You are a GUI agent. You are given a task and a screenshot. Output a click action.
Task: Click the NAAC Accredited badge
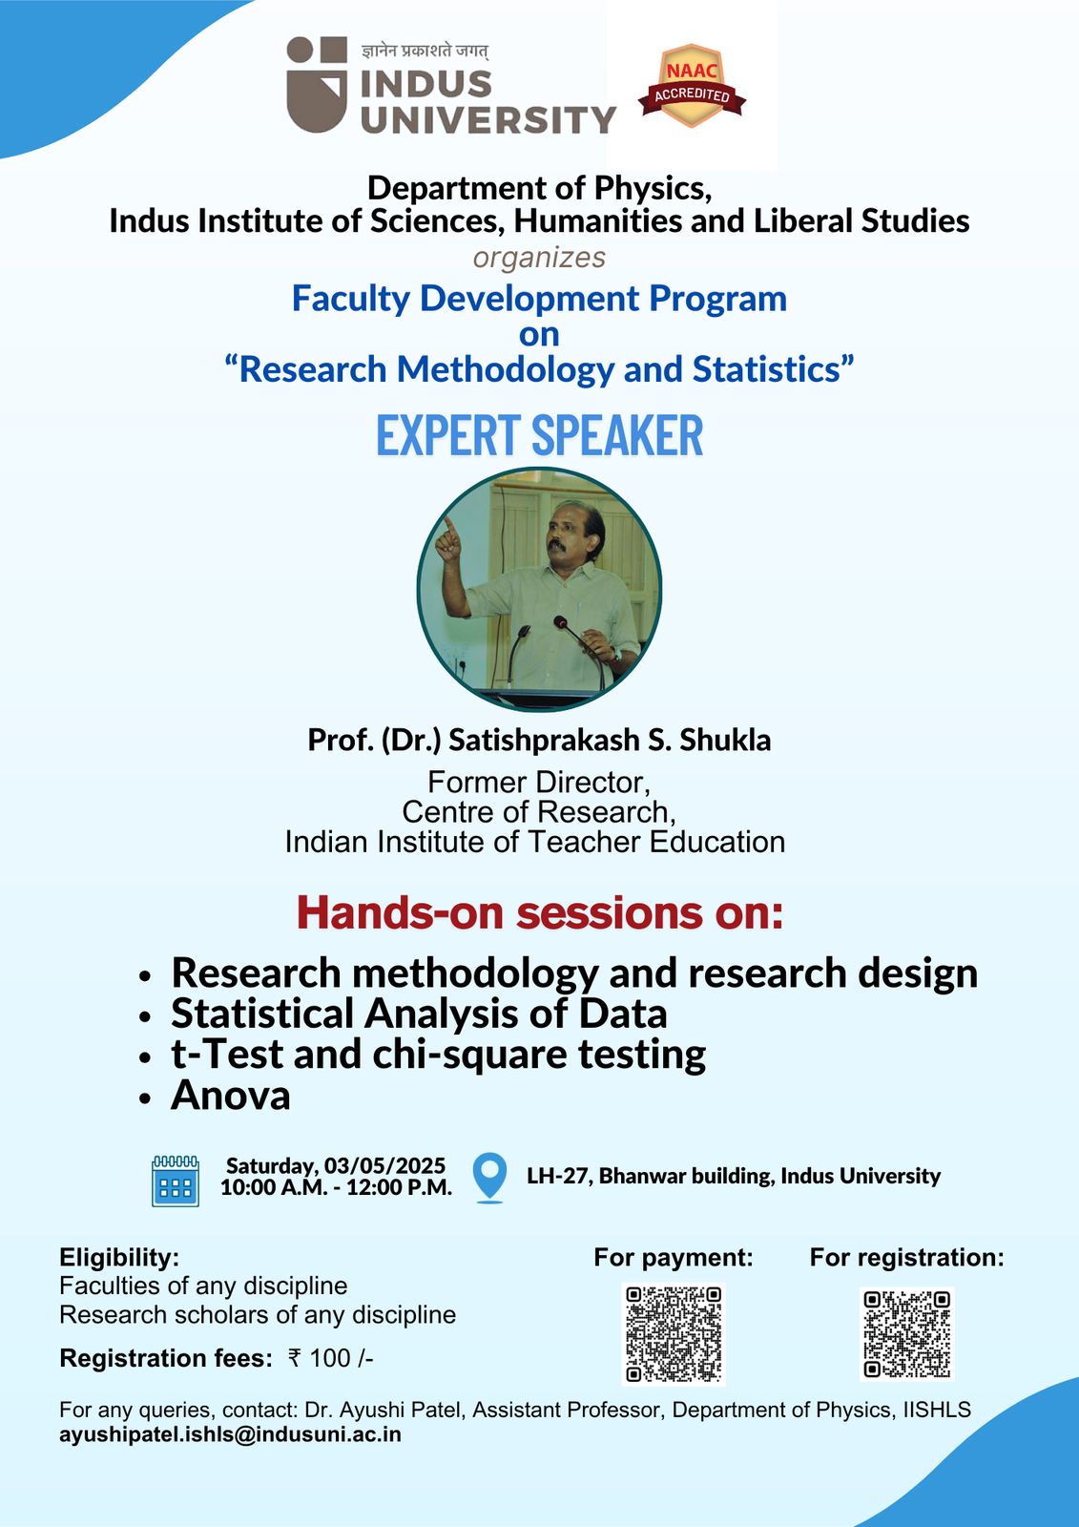coord(692,87)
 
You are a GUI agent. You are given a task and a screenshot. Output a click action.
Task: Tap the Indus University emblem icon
coord(317,85)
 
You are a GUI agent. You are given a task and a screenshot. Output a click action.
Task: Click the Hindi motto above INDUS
coord(425,52)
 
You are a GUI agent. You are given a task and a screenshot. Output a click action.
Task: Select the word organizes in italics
coord(539,258)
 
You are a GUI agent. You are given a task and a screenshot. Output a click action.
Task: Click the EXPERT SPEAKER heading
coord(539,435)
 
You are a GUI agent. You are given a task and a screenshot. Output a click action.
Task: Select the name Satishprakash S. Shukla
coord(610,740)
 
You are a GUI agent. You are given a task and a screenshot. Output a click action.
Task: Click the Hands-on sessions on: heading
coord(540,912)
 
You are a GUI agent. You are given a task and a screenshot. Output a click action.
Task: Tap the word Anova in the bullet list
coord(230,1096)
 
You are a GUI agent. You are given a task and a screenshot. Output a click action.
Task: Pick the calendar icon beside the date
coord(176,1181)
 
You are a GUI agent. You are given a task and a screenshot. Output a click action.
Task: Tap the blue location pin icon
coord(489,1178)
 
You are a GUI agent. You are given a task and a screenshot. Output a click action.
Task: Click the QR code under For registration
coord(906,1334)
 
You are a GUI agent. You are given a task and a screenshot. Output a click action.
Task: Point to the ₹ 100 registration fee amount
coord(331,1358)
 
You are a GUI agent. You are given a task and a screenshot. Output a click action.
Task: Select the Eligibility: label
coord(119,1257)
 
